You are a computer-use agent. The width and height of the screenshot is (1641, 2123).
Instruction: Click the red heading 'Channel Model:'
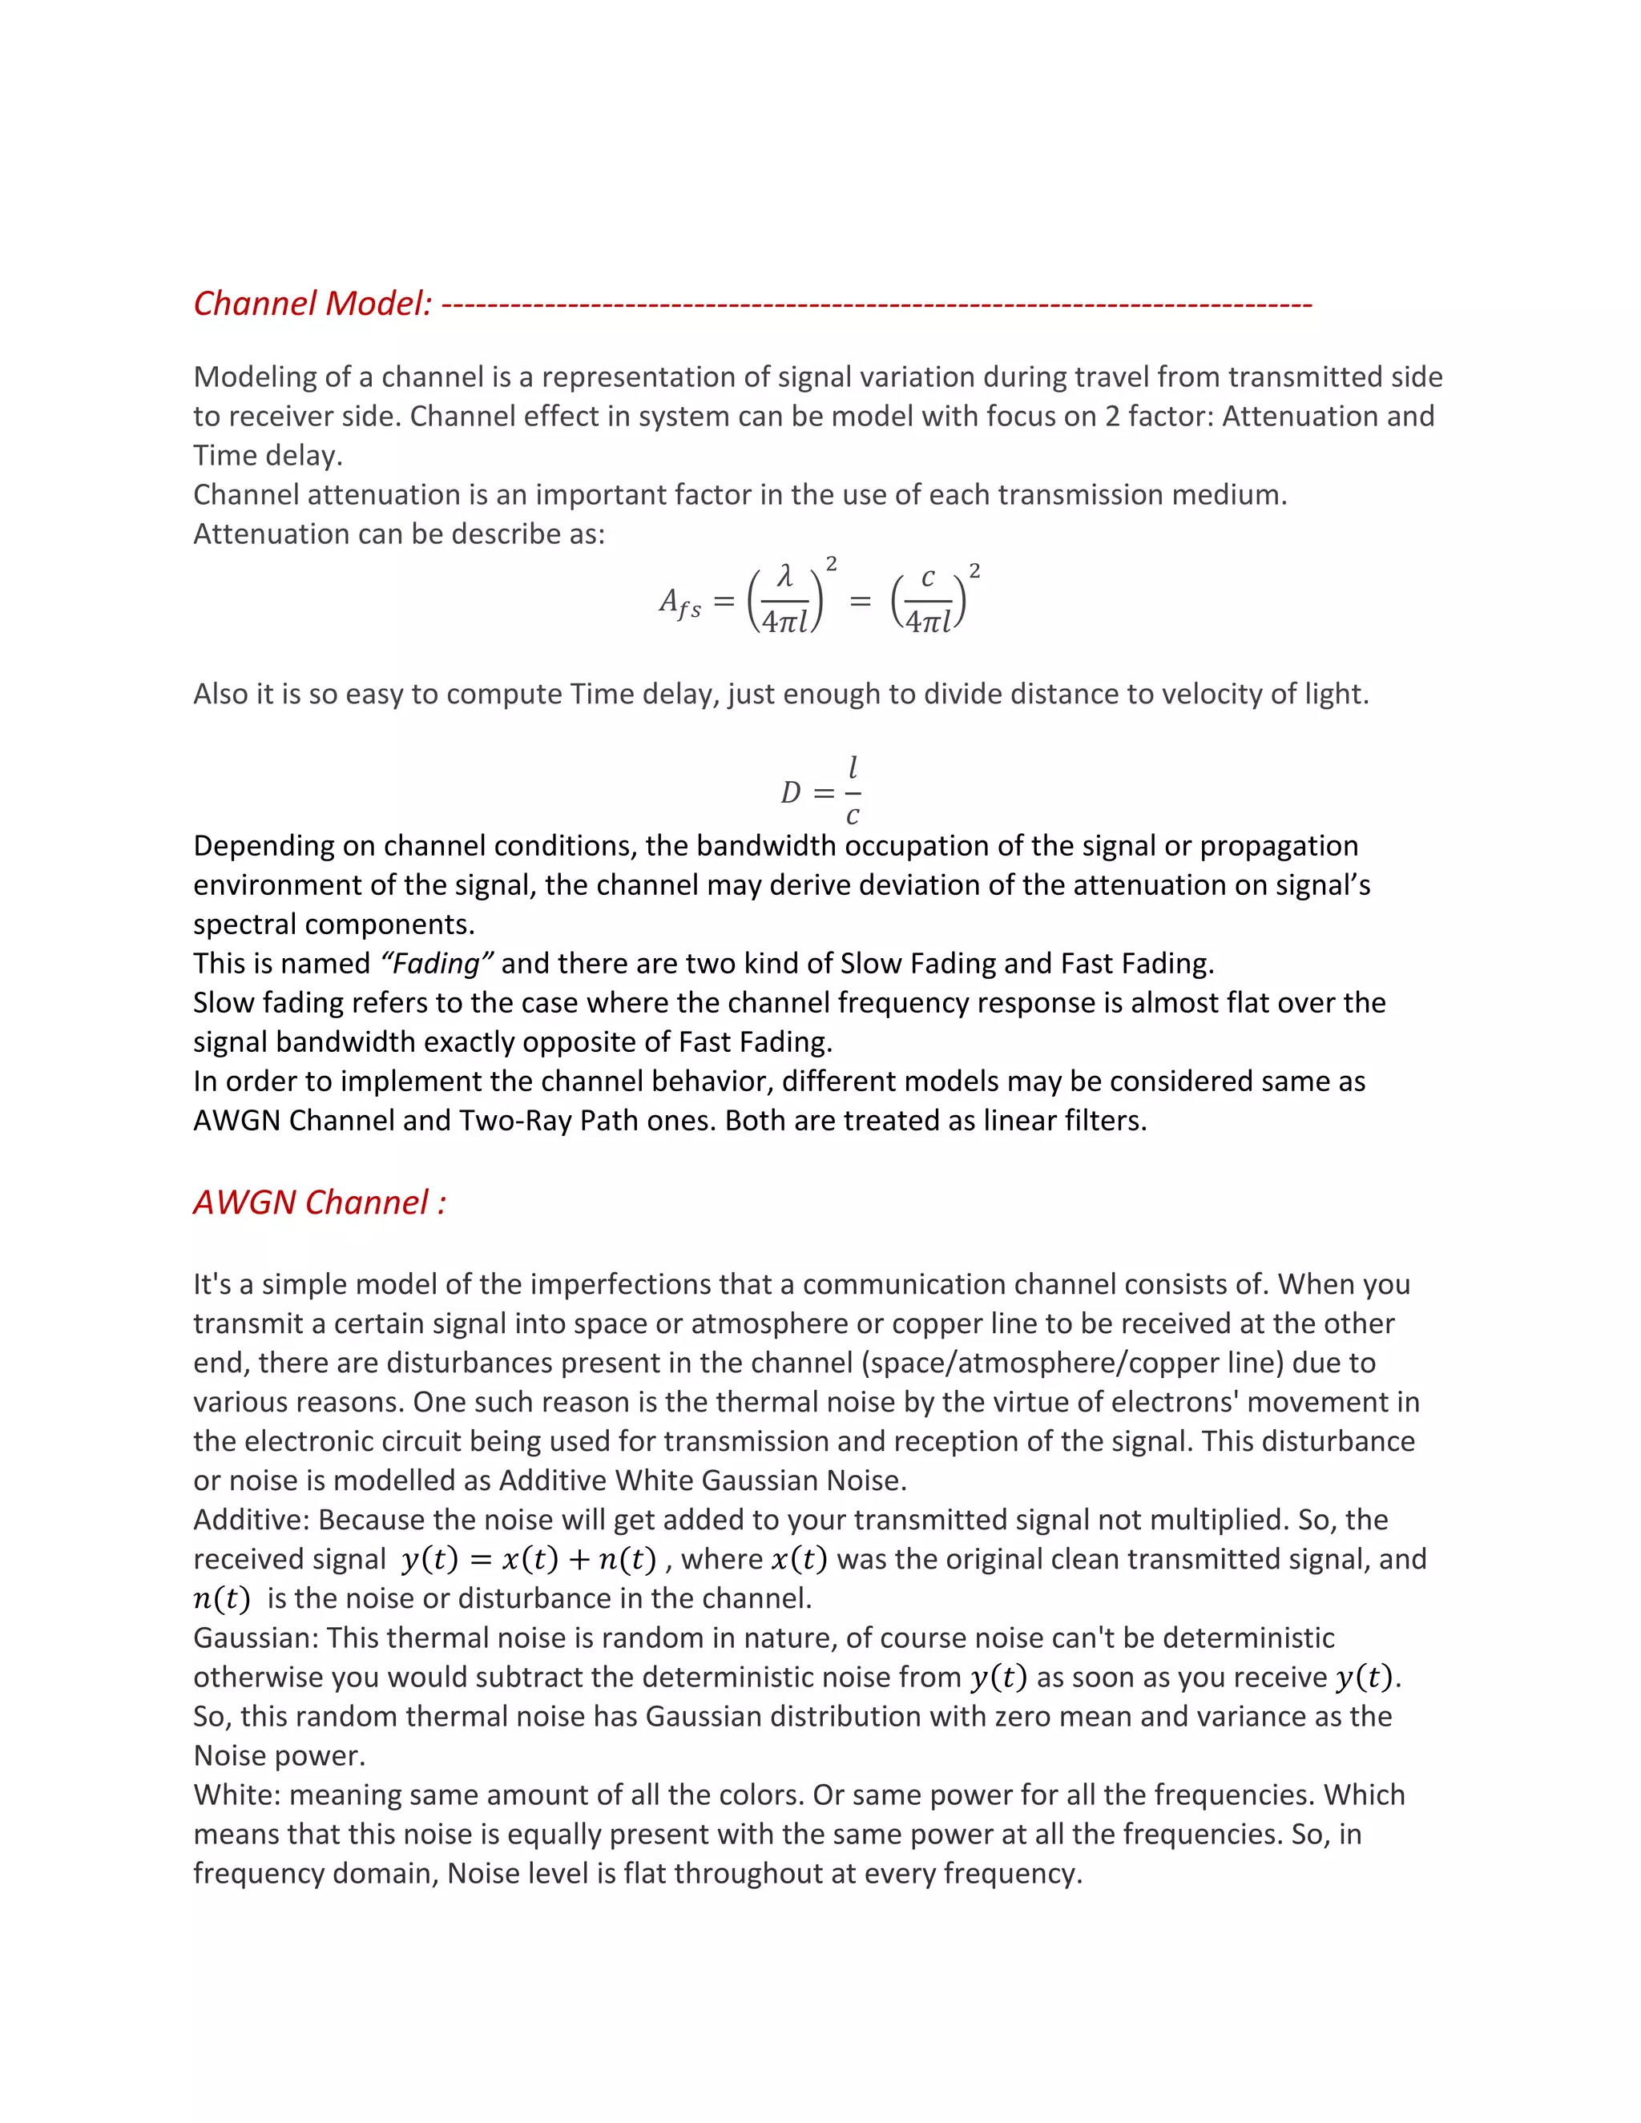tap(312, 304)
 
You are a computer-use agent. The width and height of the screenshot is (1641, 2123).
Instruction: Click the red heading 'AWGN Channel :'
tap(319, 1202)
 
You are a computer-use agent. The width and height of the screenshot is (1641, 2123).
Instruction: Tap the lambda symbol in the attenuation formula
tap(784, 577)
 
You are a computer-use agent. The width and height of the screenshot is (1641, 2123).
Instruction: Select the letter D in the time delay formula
tap(790, 792)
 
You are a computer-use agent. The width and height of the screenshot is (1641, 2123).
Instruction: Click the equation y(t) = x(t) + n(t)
tap(529, 1559)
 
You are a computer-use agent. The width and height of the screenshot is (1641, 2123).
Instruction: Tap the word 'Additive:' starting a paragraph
tap(252, 1519)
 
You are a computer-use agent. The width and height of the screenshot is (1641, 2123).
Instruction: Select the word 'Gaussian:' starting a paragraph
tap(256, 1638)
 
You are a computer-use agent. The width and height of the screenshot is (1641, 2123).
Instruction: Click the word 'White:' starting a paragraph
tap(237, 1795)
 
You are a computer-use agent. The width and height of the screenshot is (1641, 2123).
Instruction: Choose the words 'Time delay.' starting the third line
tap(268, 456)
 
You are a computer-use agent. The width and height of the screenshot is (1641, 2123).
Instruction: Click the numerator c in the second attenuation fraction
tap(927, 578)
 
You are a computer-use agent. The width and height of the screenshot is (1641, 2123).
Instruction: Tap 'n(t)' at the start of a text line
tap(222, 1599)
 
